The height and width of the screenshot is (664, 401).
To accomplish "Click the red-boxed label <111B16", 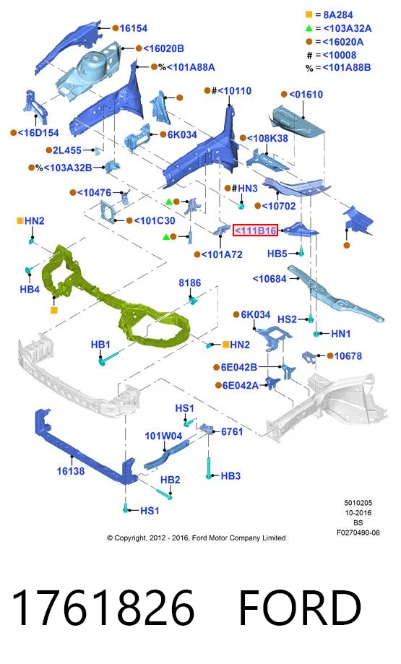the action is point(255,230).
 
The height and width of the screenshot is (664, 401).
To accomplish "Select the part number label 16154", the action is point(134,28).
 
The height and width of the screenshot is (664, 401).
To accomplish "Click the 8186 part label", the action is point(190,283).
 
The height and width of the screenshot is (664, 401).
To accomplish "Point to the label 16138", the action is point(71,471).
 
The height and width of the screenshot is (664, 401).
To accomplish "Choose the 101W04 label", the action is point(163,436).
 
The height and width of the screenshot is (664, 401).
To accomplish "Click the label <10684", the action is point(270,279).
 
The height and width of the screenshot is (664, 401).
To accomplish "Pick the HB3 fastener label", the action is point(230,476).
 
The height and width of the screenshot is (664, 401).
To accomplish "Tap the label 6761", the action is point(232,431).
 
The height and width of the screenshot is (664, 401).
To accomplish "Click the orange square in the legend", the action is point(309,15).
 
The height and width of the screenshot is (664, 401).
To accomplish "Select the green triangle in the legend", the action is point(309,28).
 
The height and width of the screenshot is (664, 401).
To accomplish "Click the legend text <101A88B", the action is point(346,68).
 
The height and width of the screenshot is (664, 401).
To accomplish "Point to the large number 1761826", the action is point(103,608).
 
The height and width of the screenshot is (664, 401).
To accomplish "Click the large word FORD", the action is point(301,608).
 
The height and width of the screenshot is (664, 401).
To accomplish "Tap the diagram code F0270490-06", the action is point(358,533).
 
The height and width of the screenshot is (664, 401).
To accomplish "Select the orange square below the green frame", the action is point(53,311).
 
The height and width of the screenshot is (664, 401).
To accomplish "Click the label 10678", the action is point(348,356).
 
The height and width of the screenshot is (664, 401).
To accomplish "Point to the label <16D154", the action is point(38,132).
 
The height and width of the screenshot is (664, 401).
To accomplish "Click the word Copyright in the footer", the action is point(131,538).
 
